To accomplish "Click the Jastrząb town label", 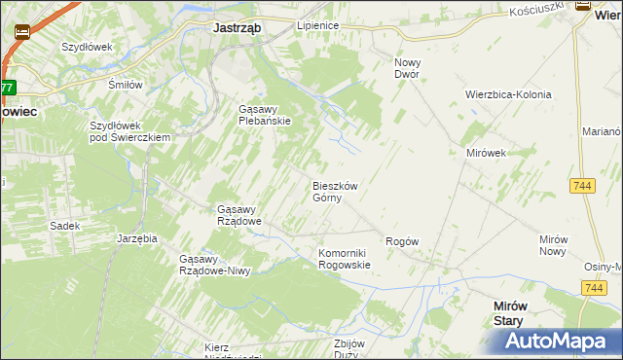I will point(237,28).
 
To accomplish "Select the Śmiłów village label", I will point(125,85).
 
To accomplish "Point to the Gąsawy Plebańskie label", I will point(265,115).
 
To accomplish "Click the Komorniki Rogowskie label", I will point(345,259).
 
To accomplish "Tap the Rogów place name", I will point(402,241).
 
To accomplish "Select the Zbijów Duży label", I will point(348,349).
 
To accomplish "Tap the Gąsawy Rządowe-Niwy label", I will point(215,265).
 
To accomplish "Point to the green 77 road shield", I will point(7,88).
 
